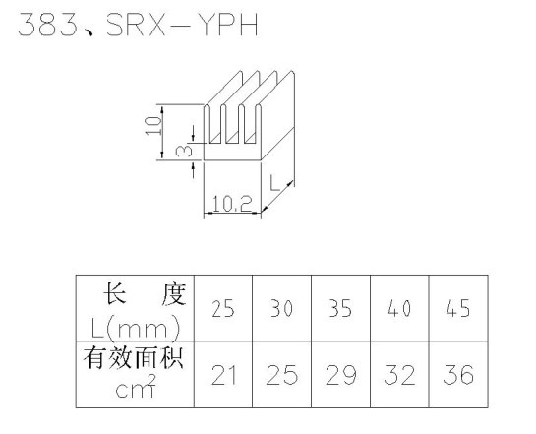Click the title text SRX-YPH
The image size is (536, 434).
point(182,25)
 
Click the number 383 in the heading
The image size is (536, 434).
point(48,25)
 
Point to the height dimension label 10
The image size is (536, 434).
point(153,126)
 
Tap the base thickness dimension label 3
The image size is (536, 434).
point(184,151)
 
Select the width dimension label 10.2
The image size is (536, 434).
point(232,204)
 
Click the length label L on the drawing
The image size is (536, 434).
point(274,183)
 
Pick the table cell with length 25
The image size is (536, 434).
point(223,308)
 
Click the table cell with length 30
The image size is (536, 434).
point(281,308)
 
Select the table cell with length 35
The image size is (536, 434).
point(340,308)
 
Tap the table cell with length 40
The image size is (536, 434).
point(399,308)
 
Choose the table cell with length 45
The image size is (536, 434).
point(458,308)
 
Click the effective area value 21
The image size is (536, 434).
point(224,375)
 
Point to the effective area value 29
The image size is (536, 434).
point(341,375)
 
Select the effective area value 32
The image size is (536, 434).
point(399,375)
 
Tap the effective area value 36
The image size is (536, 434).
point(458,375)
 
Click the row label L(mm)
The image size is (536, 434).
point(136,329)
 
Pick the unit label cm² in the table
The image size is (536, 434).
point(136,387)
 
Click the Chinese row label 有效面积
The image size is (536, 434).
point(134,358)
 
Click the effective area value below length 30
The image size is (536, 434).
point(282,375)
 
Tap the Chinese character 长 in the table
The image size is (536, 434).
point(115,294)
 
